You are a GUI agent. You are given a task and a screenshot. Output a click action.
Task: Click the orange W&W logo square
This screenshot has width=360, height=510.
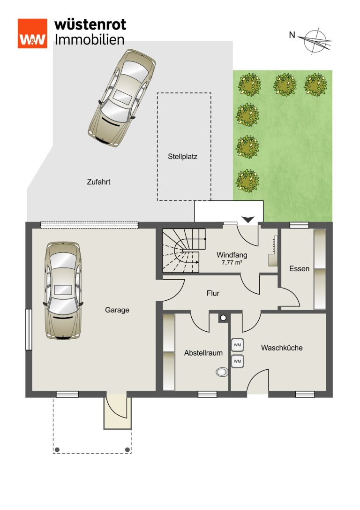[x=32, y=33]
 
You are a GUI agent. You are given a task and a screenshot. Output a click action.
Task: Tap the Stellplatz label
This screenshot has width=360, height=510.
[x=183, y=156]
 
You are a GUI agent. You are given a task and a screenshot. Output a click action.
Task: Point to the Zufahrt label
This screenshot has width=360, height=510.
[x=98, y=182]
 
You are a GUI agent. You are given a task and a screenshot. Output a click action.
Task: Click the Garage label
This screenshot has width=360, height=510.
[x=117, y=310]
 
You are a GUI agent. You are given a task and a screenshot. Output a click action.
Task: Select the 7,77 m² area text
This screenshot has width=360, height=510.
[x=232, y=262]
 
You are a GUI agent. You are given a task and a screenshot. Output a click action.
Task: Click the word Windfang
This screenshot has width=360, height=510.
[x=232, y=255]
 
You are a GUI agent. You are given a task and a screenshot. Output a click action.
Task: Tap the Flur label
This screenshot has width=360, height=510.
[x=213, y=293]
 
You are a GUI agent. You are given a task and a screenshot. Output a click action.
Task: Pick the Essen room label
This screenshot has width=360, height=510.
[x=299, y=269]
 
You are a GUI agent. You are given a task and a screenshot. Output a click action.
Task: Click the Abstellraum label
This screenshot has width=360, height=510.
[x=203, y=353]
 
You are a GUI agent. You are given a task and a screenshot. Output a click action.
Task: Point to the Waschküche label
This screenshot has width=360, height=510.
[x=282, y=348]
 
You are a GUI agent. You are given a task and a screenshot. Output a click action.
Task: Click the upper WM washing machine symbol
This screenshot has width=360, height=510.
[x=238, y=345]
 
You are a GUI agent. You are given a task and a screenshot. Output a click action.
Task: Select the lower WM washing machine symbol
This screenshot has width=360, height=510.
[x=238, y=361]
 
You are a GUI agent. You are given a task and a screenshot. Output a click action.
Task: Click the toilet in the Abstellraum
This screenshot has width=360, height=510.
[x=222, y=372]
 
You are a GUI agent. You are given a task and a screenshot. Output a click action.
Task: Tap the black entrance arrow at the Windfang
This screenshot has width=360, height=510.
[x=248, y=220]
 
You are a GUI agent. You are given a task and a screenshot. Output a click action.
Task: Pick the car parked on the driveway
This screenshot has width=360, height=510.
[x=122, y=98]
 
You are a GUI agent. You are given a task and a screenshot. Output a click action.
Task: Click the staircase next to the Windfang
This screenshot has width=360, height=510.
[x=184, y=251]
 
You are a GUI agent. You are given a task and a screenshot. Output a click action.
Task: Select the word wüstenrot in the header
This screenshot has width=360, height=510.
[x=90, y=25]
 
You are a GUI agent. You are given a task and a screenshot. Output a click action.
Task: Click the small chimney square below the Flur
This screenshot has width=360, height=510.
[x=223, y=318]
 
